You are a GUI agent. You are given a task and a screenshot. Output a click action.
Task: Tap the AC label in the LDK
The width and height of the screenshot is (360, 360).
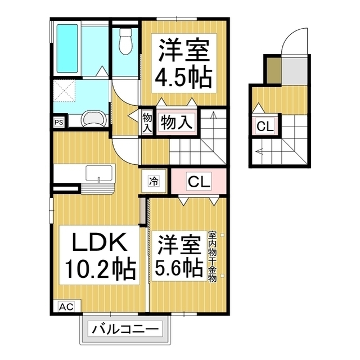[66, 307]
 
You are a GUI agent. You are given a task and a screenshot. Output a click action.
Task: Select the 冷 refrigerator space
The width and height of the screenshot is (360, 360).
[154, 181]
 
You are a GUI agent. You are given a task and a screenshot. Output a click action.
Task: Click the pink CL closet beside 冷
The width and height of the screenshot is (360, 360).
[199, 181]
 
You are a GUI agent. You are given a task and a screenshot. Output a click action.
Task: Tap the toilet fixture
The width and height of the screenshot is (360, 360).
[125, 43]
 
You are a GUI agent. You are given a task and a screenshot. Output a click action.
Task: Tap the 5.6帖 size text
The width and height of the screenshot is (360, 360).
[179, 267]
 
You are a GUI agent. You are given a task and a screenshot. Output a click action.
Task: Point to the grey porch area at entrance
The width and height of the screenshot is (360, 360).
[295, 69]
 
